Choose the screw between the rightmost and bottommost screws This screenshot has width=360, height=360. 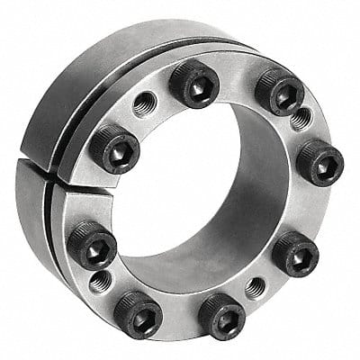coord(293,255)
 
